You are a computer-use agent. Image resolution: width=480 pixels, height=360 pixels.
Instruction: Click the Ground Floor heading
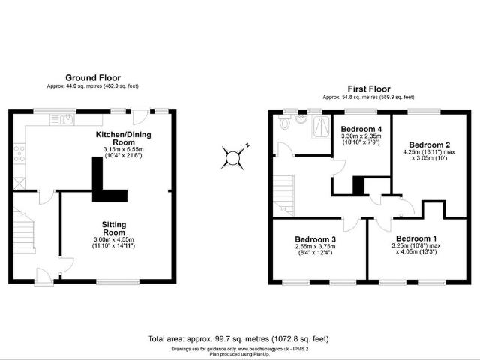[x=93, y=77]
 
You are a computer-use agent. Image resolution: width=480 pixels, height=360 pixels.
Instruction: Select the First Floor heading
[x=368, y=88]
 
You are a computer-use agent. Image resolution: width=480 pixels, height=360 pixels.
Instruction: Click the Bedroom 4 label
[x=361, y=129]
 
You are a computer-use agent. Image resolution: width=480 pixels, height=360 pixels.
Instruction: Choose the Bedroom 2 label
[x=429, y=144]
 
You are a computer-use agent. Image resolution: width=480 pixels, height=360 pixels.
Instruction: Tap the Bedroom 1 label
[x=412, y=238]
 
